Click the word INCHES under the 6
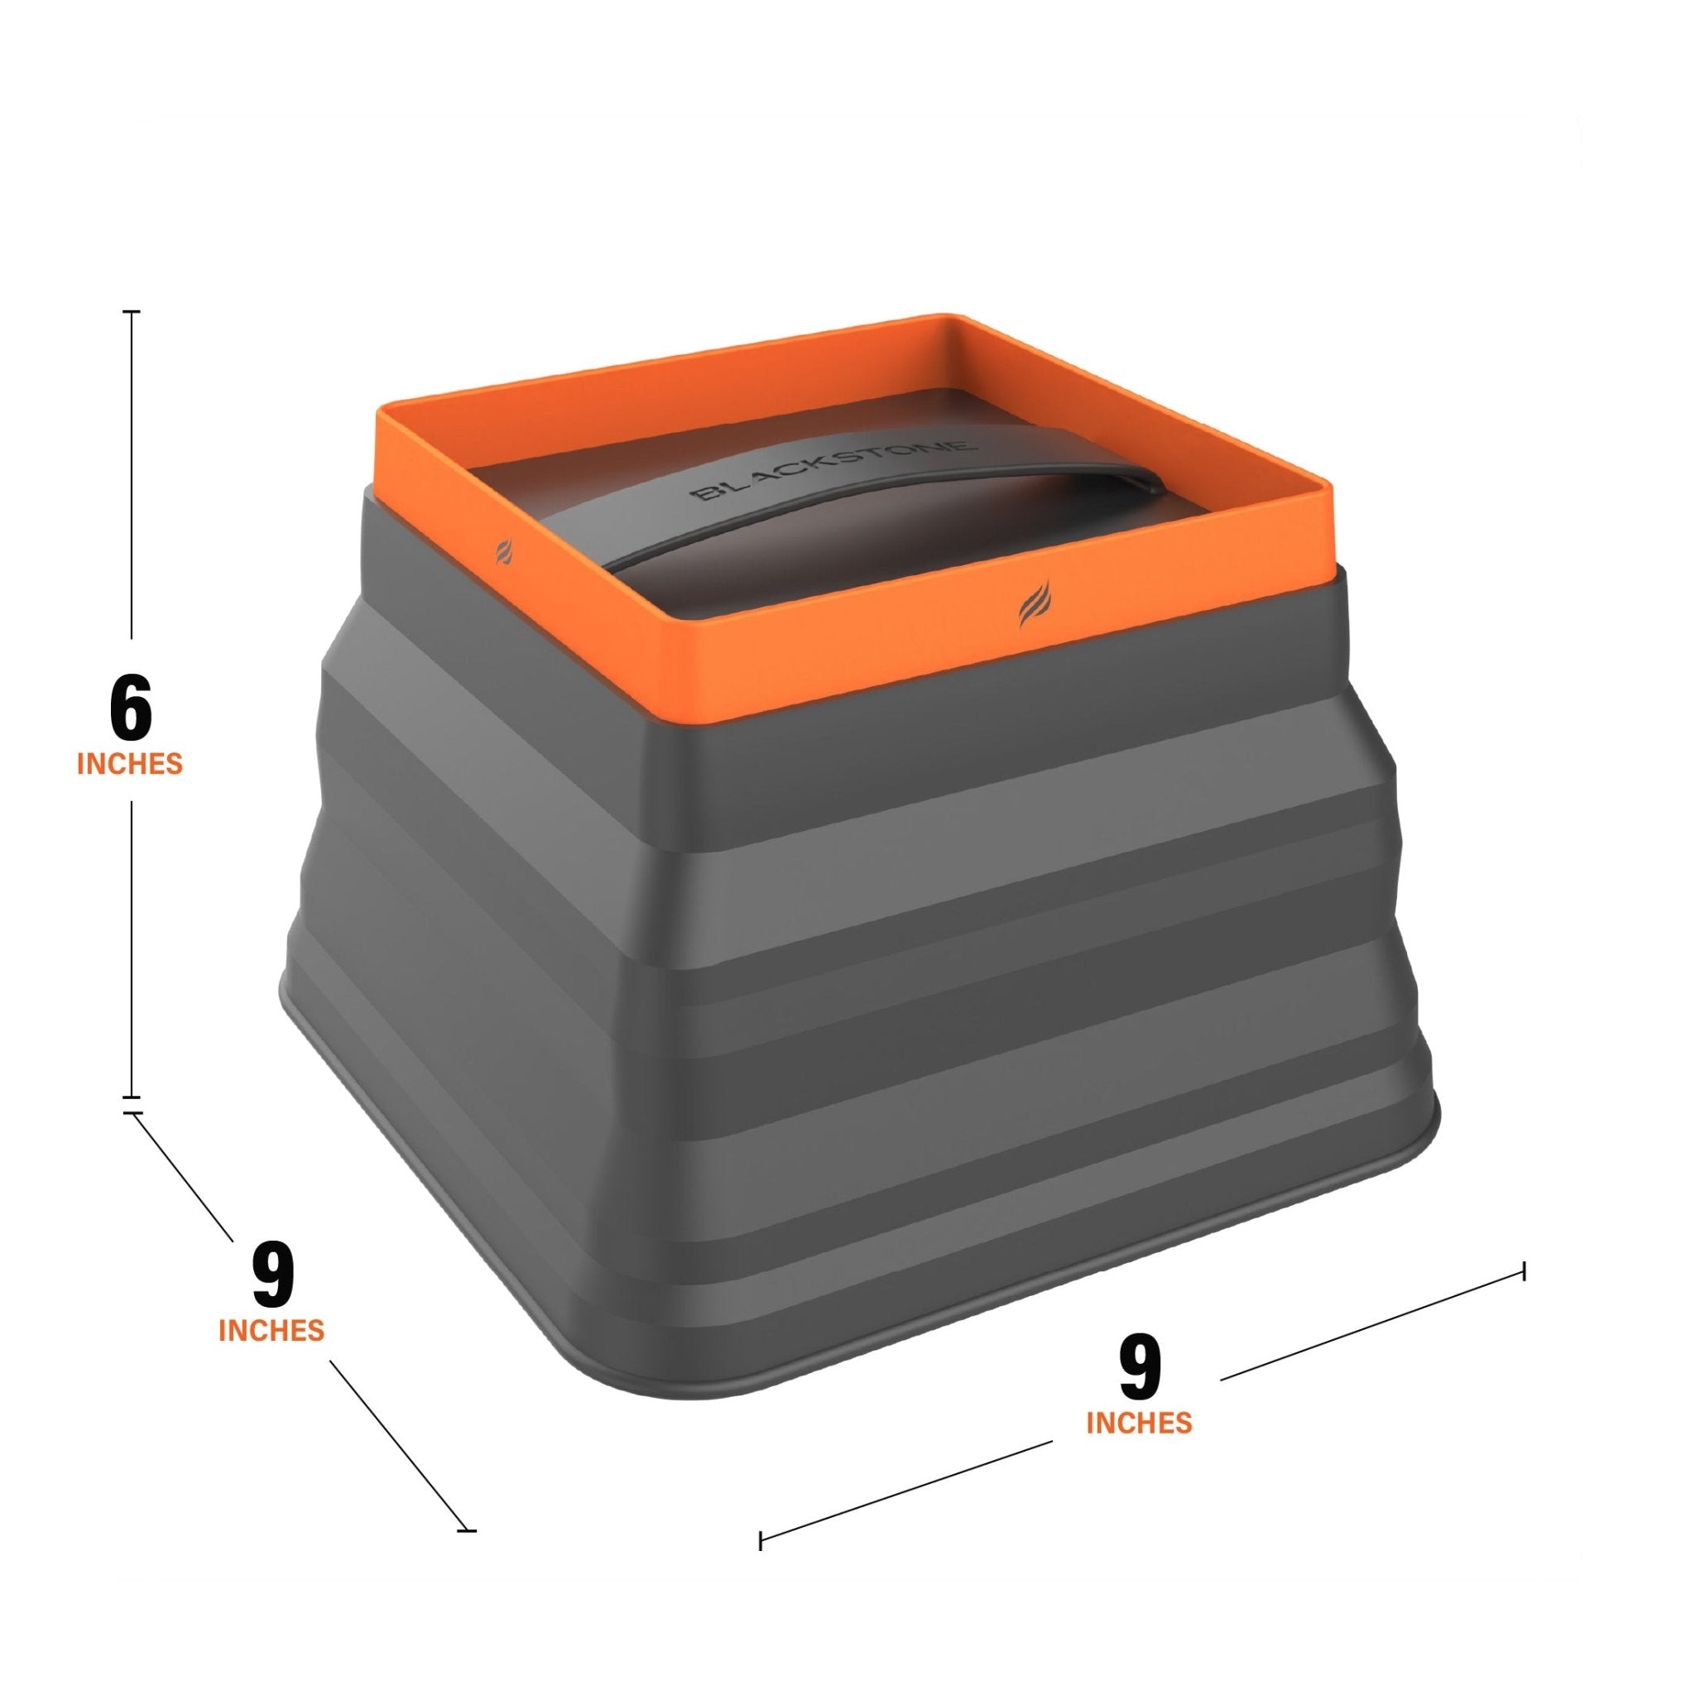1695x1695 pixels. (x=130, y=763)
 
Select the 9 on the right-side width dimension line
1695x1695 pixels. (x=1139, y=1371)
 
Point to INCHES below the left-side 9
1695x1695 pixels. (x=271, y=1331)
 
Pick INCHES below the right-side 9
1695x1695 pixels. (x=1139, y=1423)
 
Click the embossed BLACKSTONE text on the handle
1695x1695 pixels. (x=832, y=471)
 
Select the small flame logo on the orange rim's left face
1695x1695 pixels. (x=503, y=552)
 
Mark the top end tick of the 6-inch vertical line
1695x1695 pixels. (x=132, y=311)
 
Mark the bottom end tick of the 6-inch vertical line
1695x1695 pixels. (x=132, y=1097)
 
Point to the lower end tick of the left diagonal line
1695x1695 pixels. (x=466, y=1531)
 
